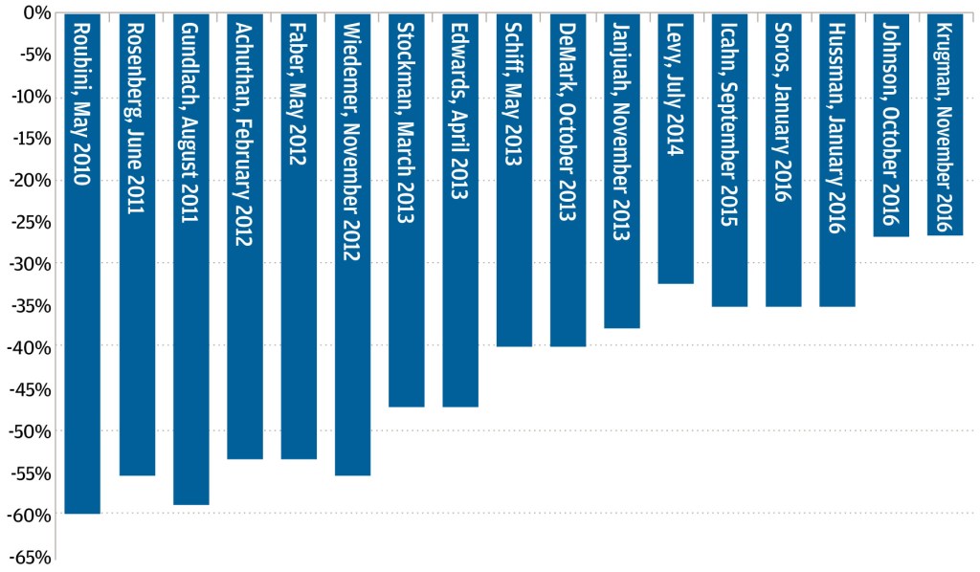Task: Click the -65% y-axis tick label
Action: click(28, 557)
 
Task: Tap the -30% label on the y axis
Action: click(28, 263)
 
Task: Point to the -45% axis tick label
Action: click(28, 389)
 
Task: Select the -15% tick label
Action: click(28, 138)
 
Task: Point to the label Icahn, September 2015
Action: click(729, 124)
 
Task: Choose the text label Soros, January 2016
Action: click(783, 111)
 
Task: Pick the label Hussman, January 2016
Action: click(837, 124)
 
